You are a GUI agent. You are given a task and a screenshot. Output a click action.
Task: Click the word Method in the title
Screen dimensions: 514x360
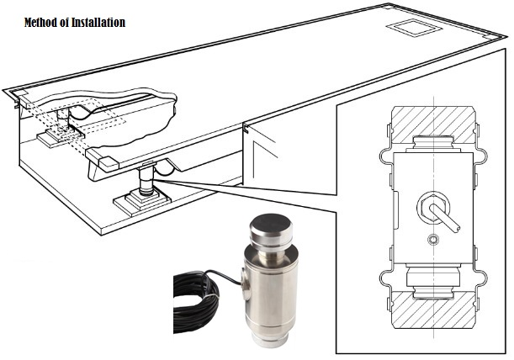38,23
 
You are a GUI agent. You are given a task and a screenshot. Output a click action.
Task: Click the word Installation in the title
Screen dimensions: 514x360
98,23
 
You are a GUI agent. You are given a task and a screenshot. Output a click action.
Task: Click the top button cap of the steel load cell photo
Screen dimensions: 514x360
270,230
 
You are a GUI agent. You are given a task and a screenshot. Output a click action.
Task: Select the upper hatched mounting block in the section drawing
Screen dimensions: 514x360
433,124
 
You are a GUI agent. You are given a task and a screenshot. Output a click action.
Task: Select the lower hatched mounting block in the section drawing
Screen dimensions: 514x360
433,310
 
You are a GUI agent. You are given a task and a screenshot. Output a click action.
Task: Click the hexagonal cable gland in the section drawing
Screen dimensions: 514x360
433,207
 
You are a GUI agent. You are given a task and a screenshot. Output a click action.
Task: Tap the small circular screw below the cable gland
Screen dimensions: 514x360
433,240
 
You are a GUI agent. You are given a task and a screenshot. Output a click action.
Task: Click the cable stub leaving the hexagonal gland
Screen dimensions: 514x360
445,218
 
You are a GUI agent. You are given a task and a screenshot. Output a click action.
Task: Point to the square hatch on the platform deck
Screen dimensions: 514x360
414,28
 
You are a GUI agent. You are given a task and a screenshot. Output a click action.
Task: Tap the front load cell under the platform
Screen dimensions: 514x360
146,181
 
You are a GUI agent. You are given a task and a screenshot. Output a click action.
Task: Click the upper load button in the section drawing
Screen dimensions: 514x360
433,143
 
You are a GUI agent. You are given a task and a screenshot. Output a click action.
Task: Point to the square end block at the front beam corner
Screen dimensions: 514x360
108,164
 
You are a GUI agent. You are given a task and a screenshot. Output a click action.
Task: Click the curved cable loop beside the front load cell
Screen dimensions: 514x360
164,168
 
